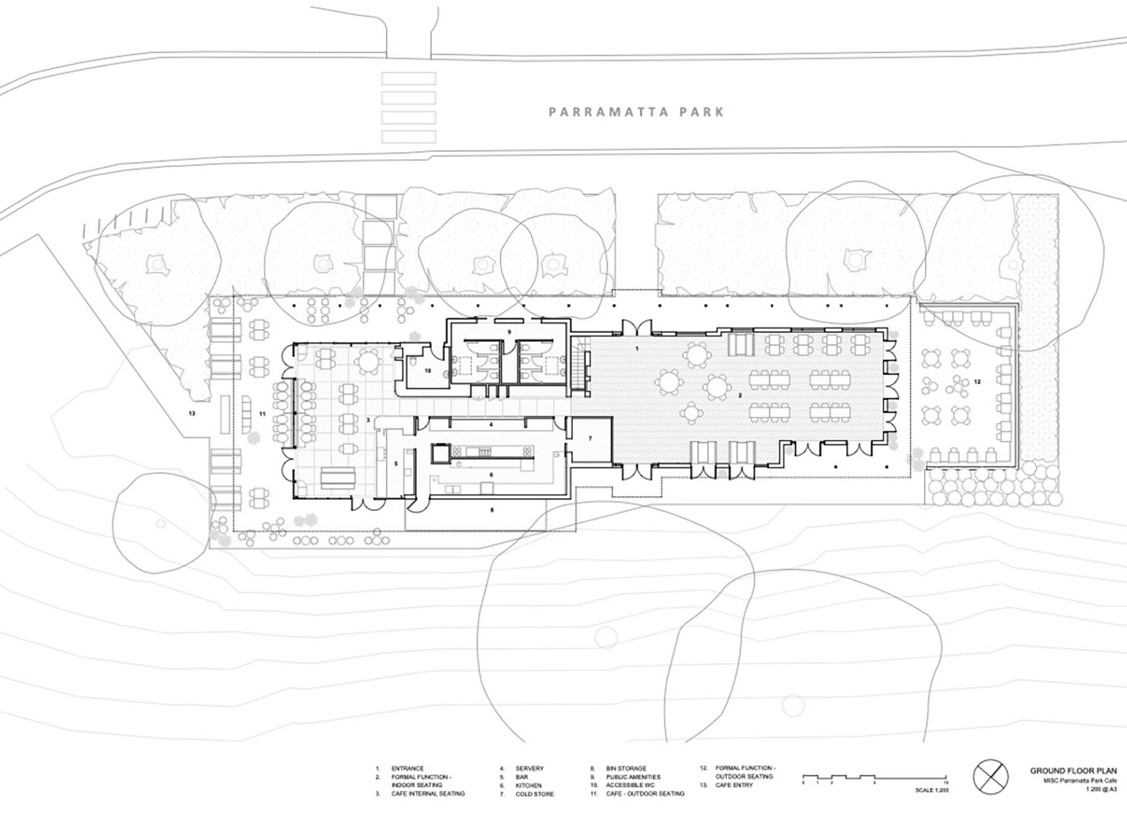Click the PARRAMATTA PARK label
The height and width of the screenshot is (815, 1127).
(636, 112)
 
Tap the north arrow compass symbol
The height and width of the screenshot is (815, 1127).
(990, 777)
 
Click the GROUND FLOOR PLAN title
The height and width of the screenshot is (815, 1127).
(1073, 771)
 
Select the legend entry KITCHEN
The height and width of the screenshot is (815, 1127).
(528, 785)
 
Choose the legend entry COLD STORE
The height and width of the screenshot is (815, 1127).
(534, 794)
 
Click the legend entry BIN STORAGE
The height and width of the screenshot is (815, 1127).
(626, 769)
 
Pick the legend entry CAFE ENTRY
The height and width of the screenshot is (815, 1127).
(734, 785)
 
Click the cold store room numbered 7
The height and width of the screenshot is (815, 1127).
(591, 438)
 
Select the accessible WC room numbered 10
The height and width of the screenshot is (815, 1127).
(428, 371)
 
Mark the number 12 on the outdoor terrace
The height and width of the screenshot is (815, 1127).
(977, 382)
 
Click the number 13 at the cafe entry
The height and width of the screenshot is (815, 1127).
(192, 413)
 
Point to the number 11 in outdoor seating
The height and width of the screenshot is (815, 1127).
(263, 413)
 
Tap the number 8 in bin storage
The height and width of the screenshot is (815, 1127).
(492, 510)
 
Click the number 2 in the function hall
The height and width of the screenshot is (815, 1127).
(741, 396)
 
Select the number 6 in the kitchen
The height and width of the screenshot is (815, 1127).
(491, 474)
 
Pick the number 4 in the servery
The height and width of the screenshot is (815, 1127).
(491, 424)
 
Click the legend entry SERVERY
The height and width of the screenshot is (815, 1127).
(529, 769)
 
